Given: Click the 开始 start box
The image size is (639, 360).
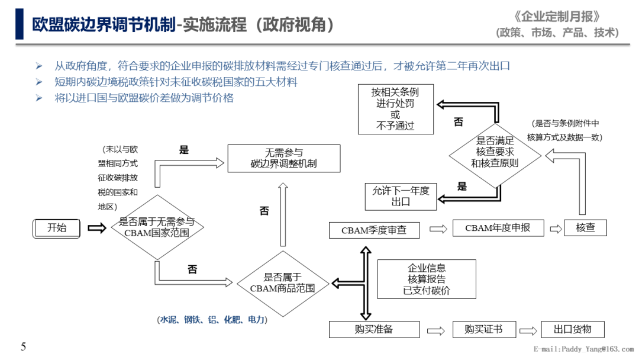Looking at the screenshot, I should tap(57, 228).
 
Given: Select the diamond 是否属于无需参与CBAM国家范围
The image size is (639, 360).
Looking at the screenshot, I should tap(157, 227).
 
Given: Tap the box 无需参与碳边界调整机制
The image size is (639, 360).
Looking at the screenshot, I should tap(283, 158).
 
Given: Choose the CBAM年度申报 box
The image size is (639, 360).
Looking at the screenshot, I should tap(498, 228).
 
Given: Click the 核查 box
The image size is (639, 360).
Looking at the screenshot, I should tap(585, 228).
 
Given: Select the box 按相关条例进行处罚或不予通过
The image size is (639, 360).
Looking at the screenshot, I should tap(395, 109).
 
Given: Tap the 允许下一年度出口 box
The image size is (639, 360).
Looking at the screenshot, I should tap(401, 197).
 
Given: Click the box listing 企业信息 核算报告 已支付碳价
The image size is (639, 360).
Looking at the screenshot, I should tap(427, 279).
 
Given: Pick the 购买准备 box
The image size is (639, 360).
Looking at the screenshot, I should tap(374, 330).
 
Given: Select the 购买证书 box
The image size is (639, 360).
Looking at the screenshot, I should tap(483, 330).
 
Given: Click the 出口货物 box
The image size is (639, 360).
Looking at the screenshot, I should tap(572, 330).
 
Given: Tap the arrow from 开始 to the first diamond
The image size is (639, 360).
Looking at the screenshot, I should tap(97, 228).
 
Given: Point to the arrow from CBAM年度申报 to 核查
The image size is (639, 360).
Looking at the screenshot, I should tap(556, 229).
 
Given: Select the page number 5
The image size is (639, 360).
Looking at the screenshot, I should tap(24, 347).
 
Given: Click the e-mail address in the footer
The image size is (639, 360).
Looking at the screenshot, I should tap(583, 349).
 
